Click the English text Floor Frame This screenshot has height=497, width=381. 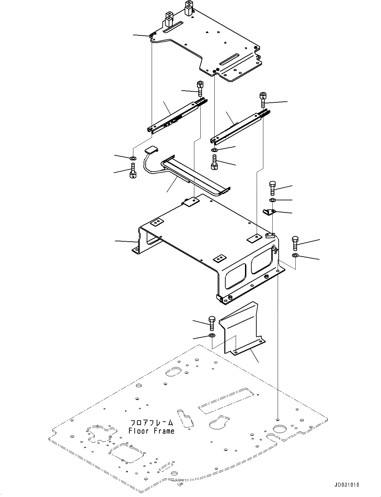click(x=151, y=431)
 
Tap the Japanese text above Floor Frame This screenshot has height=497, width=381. click(x=151, y=423)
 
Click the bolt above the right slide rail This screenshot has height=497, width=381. click(x=262, y=100)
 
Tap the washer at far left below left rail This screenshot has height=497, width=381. click(x=133, y=157)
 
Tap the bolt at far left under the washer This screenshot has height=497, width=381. click(x=133, y=171)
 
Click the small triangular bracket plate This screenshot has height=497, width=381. click(x=269, y=212)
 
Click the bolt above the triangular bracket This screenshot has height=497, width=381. click(x=272, y=188)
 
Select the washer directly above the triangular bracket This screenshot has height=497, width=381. click(x=272, y=200)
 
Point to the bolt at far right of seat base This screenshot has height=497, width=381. click(x=295, y=243)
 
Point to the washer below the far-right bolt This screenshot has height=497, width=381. click(x=295, y=256)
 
